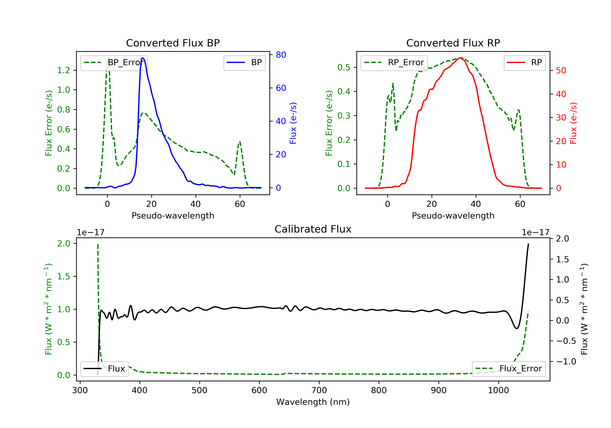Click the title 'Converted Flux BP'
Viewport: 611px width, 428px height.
tap(173, 43)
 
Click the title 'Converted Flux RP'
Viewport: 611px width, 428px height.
tap(453, 43)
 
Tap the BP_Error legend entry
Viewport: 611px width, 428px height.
tap(114, 63)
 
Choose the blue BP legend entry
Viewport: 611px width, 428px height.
tap(244, 63)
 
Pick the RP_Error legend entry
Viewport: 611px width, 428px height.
tap(394, 63)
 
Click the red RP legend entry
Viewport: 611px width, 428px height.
tap(524, 63)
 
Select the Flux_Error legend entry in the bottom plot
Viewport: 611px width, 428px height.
tap(509, 369)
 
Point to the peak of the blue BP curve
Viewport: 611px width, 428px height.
tap(143, 58)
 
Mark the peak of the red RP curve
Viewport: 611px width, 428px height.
tap(460, 58)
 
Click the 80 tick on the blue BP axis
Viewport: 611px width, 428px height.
tap(281, 55)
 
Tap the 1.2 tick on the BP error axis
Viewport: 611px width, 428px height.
tap(64, 70)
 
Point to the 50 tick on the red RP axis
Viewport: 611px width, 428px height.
tap(561, 71)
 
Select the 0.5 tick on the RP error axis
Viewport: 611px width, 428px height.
tap(344, 67)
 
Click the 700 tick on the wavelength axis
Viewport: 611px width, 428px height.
tap(319, 390)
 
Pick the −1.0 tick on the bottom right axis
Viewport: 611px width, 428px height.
tap(566, 361)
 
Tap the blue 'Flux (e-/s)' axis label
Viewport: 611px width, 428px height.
tap(293, 123)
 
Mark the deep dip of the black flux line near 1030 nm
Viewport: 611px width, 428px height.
tap(516, 328)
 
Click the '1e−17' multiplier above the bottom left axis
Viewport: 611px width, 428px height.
tap(90, 233)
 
